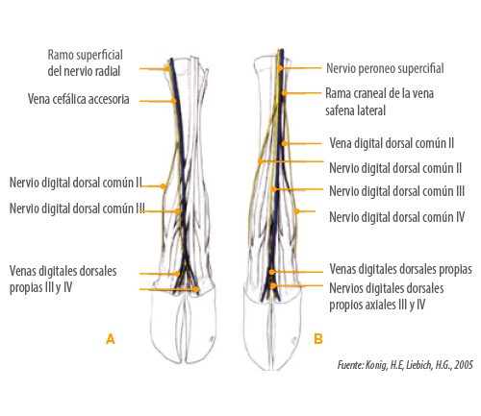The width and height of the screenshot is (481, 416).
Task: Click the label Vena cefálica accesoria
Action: (79, 99)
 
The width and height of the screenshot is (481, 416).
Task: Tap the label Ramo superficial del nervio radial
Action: (85, 62)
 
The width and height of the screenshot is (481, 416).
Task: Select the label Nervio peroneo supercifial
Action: (385, 68)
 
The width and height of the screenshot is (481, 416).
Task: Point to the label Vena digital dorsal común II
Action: (392, 143)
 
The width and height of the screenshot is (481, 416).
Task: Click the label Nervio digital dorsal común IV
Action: (397, 217)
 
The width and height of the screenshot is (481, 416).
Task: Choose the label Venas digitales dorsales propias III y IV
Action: (63, 280)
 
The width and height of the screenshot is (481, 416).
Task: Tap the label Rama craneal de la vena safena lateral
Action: (379, 102)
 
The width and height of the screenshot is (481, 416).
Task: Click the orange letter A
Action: (111, 339)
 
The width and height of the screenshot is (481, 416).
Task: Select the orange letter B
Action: (318, 338)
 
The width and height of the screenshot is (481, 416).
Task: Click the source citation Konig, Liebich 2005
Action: (405, 365)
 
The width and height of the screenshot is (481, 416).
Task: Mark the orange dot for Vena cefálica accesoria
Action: (173, 101)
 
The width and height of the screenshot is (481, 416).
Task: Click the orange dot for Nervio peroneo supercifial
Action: (280, 68)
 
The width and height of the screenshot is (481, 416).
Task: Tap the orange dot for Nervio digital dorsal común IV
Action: (297, 211)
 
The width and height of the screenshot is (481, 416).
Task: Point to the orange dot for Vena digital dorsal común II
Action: (285, 143)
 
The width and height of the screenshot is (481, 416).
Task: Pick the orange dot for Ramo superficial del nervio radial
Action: (167, 68)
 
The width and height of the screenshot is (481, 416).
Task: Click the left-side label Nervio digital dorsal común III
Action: (77, 208)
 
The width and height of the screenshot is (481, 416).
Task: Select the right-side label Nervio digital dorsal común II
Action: (395, 168)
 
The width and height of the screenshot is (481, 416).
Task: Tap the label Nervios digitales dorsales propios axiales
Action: (387, 297)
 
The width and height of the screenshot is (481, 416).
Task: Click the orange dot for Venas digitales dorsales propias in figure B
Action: (272, 272)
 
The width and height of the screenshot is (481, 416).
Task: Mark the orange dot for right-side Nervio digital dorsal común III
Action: (273, 189)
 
